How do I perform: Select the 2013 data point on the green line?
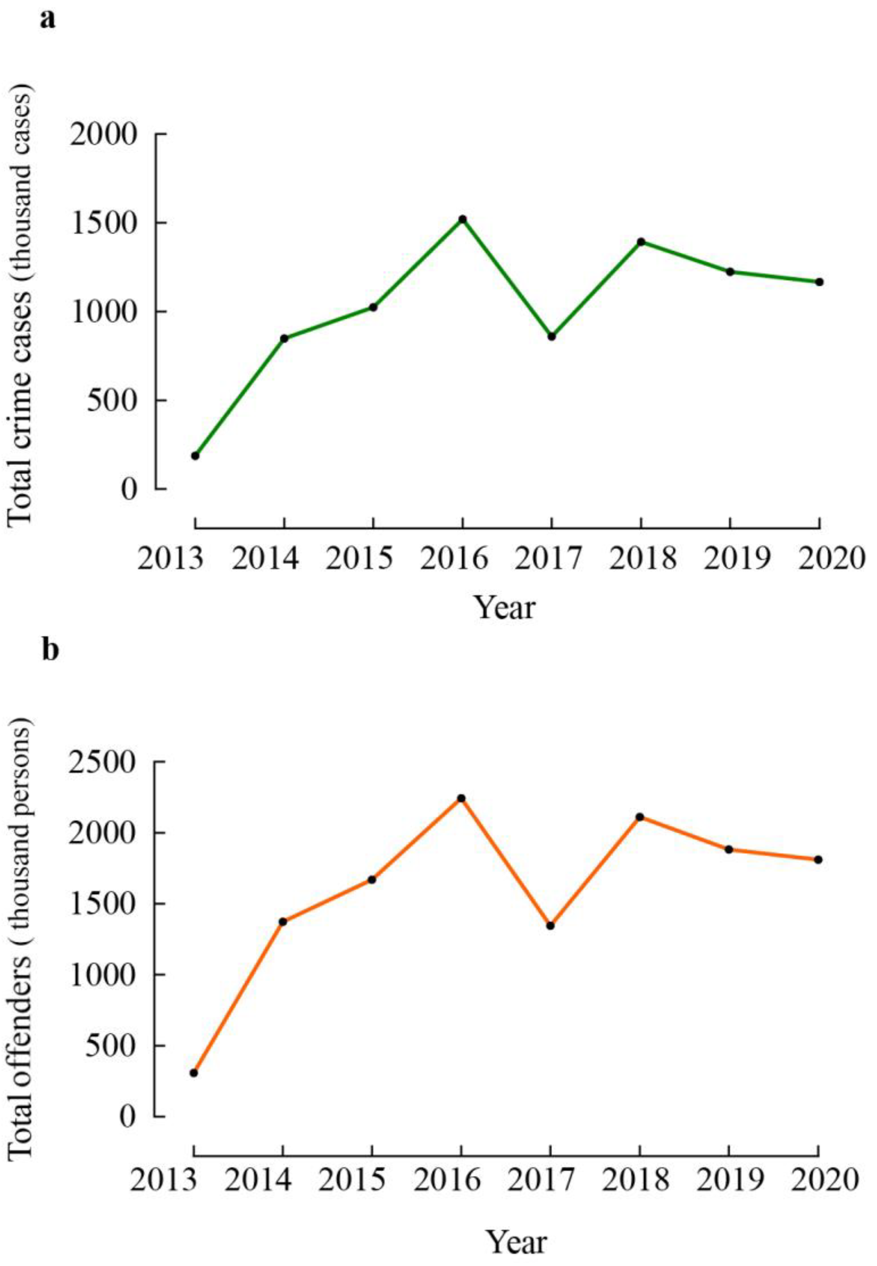[195, 456]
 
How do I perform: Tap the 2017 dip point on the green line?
[551, 336]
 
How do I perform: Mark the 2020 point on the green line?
[819, 282]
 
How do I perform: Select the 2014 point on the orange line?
[283, 921]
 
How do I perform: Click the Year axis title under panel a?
[504, 608]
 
